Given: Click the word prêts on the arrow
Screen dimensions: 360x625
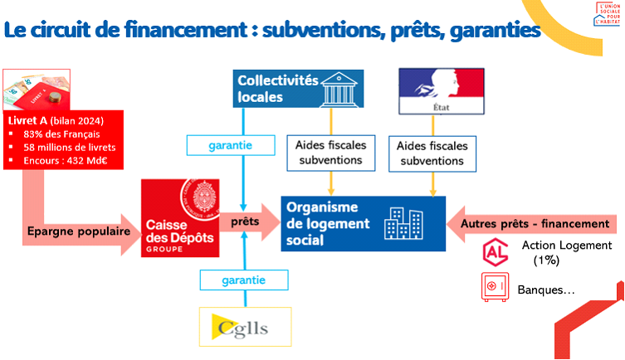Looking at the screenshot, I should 244,223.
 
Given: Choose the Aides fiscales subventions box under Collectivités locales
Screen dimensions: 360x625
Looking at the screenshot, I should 331,152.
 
